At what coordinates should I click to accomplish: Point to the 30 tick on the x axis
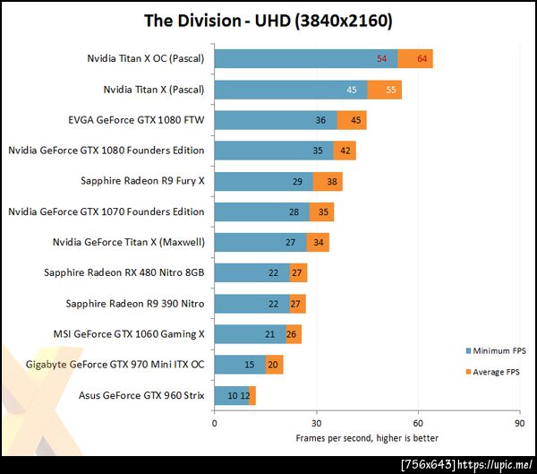click(316, 421)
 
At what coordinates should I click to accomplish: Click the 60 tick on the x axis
click(418, 421)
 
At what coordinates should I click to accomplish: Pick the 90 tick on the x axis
click(519, 421)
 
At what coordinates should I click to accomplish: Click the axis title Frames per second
click(367, 438)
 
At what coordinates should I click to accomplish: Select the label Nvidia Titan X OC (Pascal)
click(146, 59)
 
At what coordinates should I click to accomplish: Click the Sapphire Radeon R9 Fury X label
click(142, 181)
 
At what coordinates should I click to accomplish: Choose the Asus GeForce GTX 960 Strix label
click(141, 394)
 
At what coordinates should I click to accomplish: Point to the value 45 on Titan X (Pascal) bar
click(376, 90)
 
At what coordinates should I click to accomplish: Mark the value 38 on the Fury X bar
click(332, 181)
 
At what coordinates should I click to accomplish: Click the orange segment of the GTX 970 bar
click(275, 364)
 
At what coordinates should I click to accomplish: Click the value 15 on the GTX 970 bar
click(249, 364)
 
